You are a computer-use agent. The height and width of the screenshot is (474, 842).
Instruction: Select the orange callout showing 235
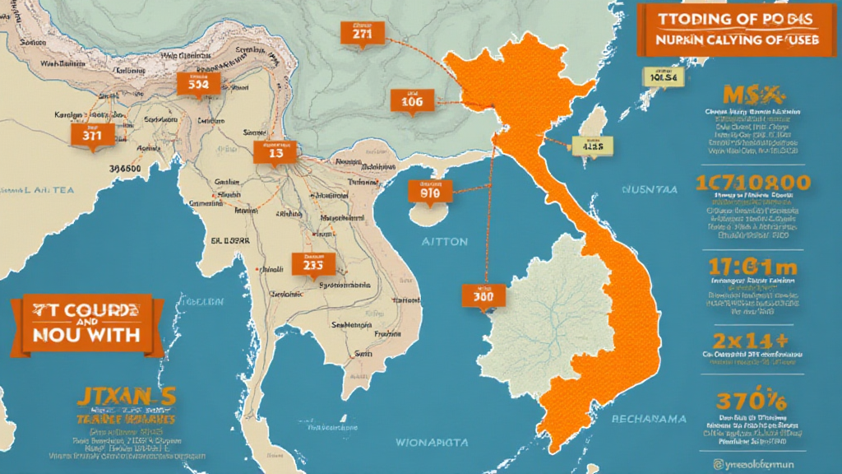pyautogui.click(x=313, y=264)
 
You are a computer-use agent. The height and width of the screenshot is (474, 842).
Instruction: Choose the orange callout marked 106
pyautogui.click(x=410, y=102)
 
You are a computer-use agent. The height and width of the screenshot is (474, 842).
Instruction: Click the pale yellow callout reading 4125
pyautogui.click(x=593, y=146)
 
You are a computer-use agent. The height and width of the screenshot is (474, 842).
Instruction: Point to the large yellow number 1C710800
pyautogui.click(x=752, y=182)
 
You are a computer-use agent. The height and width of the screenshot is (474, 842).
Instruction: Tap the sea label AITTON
pyautogui.click(x=445, y=242)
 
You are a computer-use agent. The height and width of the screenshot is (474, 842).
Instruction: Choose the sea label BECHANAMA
pyautogui.click(x=649, y=419)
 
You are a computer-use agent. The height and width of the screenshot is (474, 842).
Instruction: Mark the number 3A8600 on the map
pyautogui.click(x=119, y=168)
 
